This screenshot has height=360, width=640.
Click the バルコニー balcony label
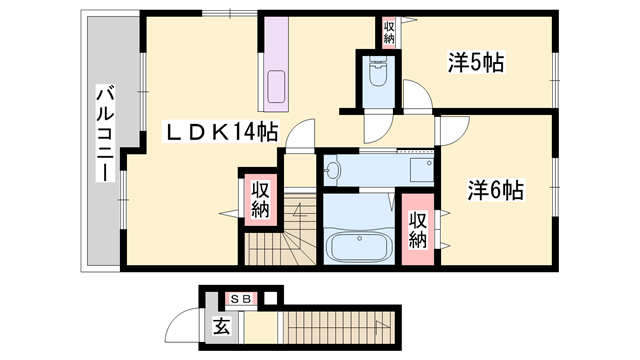[x=104, y=133]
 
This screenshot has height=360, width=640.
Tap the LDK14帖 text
[x=221, y=130]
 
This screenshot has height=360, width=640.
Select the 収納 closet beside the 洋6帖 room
[x=418, y=230]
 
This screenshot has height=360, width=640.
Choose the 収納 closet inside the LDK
[x=260, y=198]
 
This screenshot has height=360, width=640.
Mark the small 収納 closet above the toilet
[x=389, y=32]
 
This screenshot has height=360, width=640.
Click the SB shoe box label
[x=241, y=298]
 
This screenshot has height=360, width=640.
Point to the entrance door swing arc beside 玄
[x=185, y=326]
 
